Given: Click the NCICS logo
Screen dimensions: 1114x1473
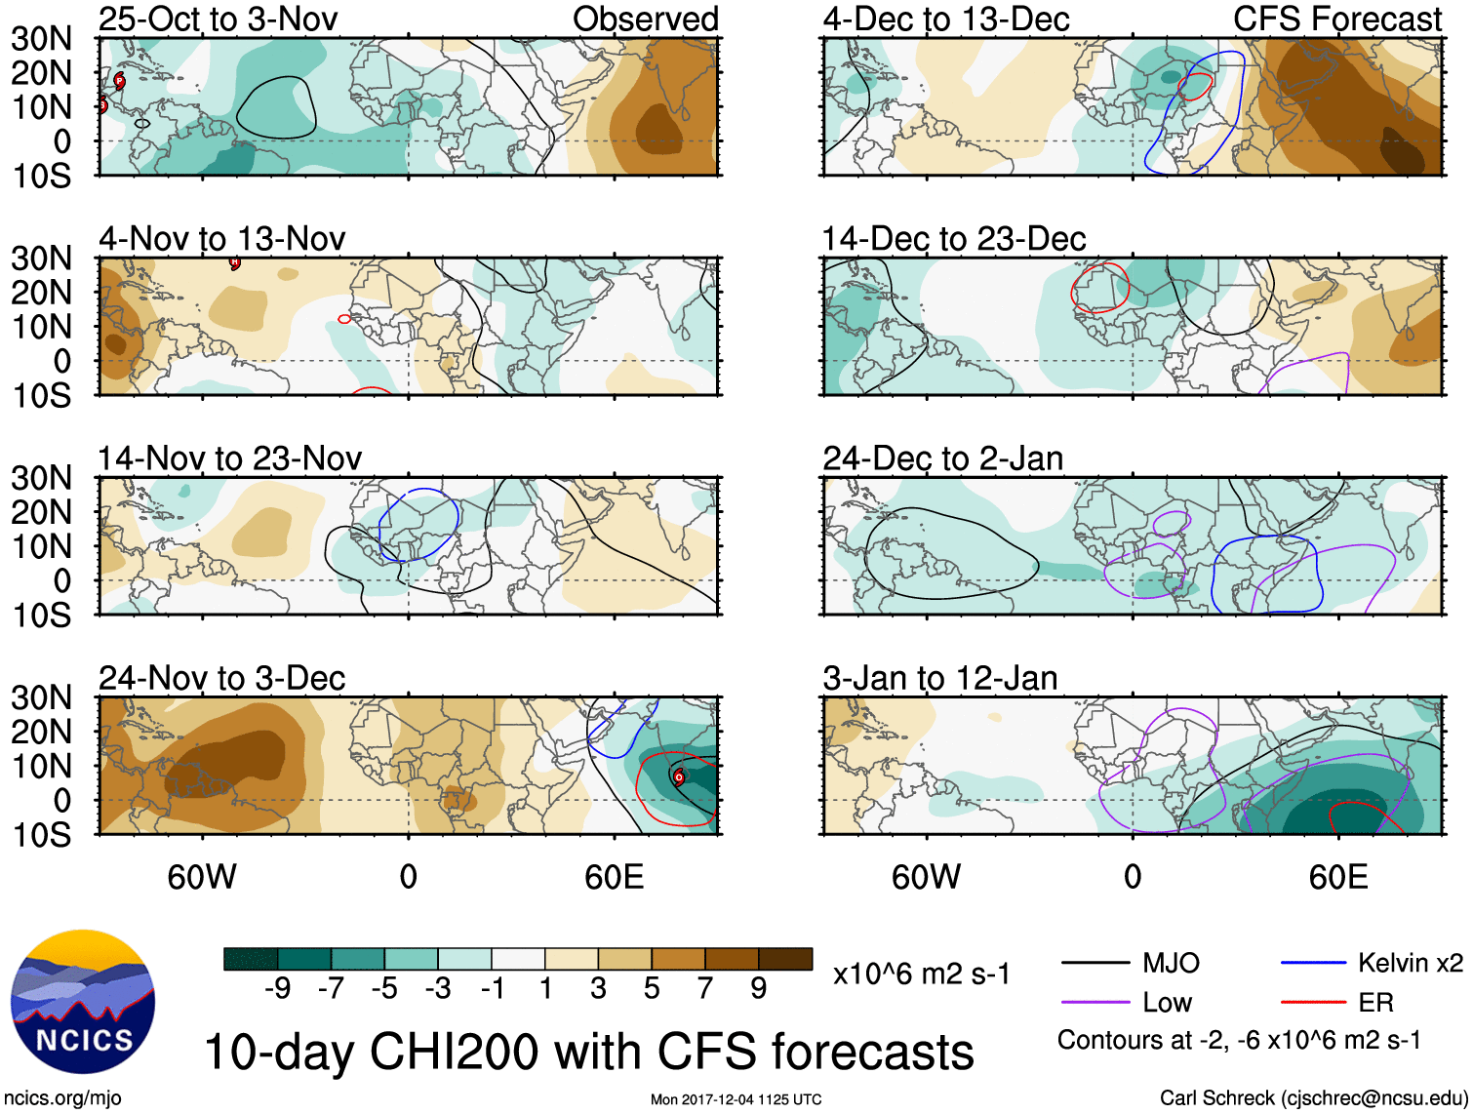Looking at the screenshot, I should (x=82, y=1002).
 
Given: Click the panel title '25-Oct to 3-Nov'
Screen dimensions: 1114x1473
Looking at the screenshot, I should (x=219, y=19).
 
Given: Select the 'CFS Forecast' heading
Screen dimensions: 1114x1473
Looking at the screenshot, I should (x=1337, y=19).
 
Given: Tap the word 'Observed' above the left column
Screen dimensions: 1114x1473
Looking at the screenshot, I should (x=646, y=19).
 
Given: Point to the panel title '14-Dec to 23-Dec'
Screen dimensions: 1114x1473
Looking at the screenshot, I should (x=953, y=239).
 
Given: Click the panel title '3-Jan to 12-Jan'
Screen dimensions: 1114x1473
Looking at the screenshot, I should (x=939, y=678).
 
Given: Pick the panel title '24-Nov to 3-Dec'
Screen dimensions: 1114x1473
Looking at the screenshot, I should (x=222, y=678).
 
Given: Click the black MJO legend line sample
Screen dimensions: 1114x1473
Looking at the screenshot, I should (x=1095, y=963).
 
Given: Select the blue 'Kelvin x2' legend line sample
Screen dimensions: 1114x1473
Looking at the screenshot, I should (x=1313, y=963).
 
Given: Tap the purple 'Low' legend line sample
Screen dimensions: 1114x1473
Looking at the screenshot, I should (x=1095, y=1002).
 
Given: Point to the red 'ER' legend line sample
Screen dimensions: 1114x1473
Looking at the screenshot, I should (x=1313, y=1002).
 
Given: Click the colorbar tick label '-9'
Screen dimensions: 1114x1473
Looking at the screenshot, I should (x=277, y=989).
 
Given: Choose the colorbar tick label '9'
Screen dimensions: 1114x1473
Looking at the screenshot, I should (x=758, y=989).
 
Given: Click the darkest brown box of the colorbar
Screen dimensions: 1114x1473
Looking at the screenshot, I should (x=785, y=959).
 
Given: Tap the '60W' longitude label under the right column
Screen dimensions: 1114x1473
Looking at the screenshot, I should (x=926, y=877).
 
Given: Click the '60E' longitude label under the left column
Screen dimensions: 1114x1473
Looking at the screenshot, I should (x=614, y=877).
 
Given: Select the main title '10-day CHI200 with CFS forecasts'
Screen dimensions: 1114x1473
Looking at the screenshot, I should (x=588, y=1052).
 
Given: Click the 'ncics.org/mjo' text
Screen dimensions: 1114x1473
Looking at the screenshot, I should (x=62, y=1098).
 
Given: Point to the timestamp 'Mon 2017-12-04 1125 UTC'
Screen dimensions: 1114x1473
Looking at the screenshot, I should (x=736, y=1099).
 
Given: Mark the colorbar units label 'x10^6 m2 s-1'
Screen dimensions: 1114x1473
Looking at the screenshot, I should (x=921, y=974).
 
